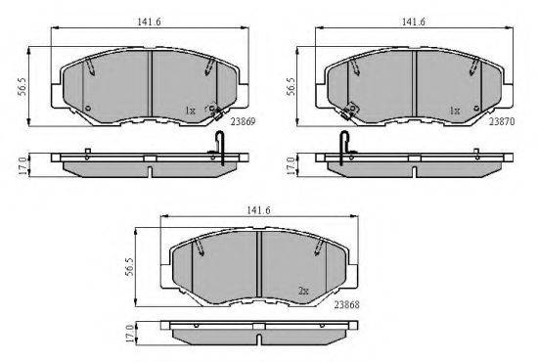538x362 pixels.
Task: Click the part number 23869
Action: [243, 121]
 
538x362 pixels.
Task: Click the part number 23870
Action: [502, 121]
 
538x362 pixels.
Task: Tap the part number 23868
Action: [347, 304]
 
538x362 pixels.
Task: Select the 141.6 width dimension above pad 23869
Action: [150, 22]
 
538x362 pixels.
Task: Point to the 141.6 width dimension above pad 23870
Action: [414, 22]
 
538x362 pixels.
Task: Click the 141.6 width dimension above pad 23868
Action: [258, 210]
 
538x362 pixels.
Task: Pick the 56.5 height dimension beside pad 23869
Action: [22, 87]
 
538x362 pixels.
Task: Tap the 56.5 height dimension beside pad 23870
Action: [290, 87]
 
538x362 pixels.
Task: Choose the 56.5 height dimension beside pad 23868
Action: [129, 267]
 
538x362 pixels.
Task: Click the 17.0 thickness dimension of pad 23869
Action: [22, 165]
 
